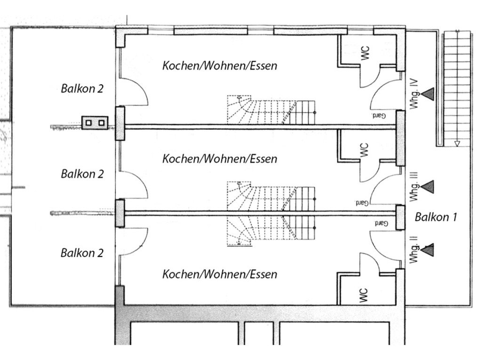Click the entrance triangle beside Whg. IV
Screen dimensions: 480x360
click(428, 94)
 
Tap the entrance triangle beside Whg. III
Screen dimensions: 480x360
click(428, 187)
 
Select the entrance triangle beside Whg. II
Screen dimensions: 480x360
click(428, 250)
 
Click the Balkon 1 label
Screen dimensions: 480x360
click(436, 217)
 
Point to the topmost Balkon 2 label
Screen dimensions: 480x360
click(82, 88)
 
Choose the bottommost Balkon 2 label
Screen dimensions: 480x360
click(82, 253)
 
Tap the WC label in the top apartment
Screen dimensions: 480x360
click(365, 53)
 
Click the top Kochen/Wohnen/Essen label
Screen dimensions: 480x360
click(219, 65)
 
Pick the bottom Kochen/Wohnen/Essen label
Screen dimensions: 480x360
click(219, 274)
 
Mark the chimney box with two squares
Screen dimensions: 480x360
click(95, 123)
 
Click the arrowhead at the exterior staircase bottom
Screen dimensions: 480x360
click(457, 144)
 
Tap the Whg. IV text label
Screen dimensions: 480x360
click(414, 94)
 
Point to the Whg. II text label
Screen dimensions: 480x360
click(414, 249)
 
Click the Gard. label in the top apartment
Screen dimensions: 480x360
click(378, 116)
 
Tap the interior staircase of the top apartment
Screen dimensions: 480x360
click(271, 110)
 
